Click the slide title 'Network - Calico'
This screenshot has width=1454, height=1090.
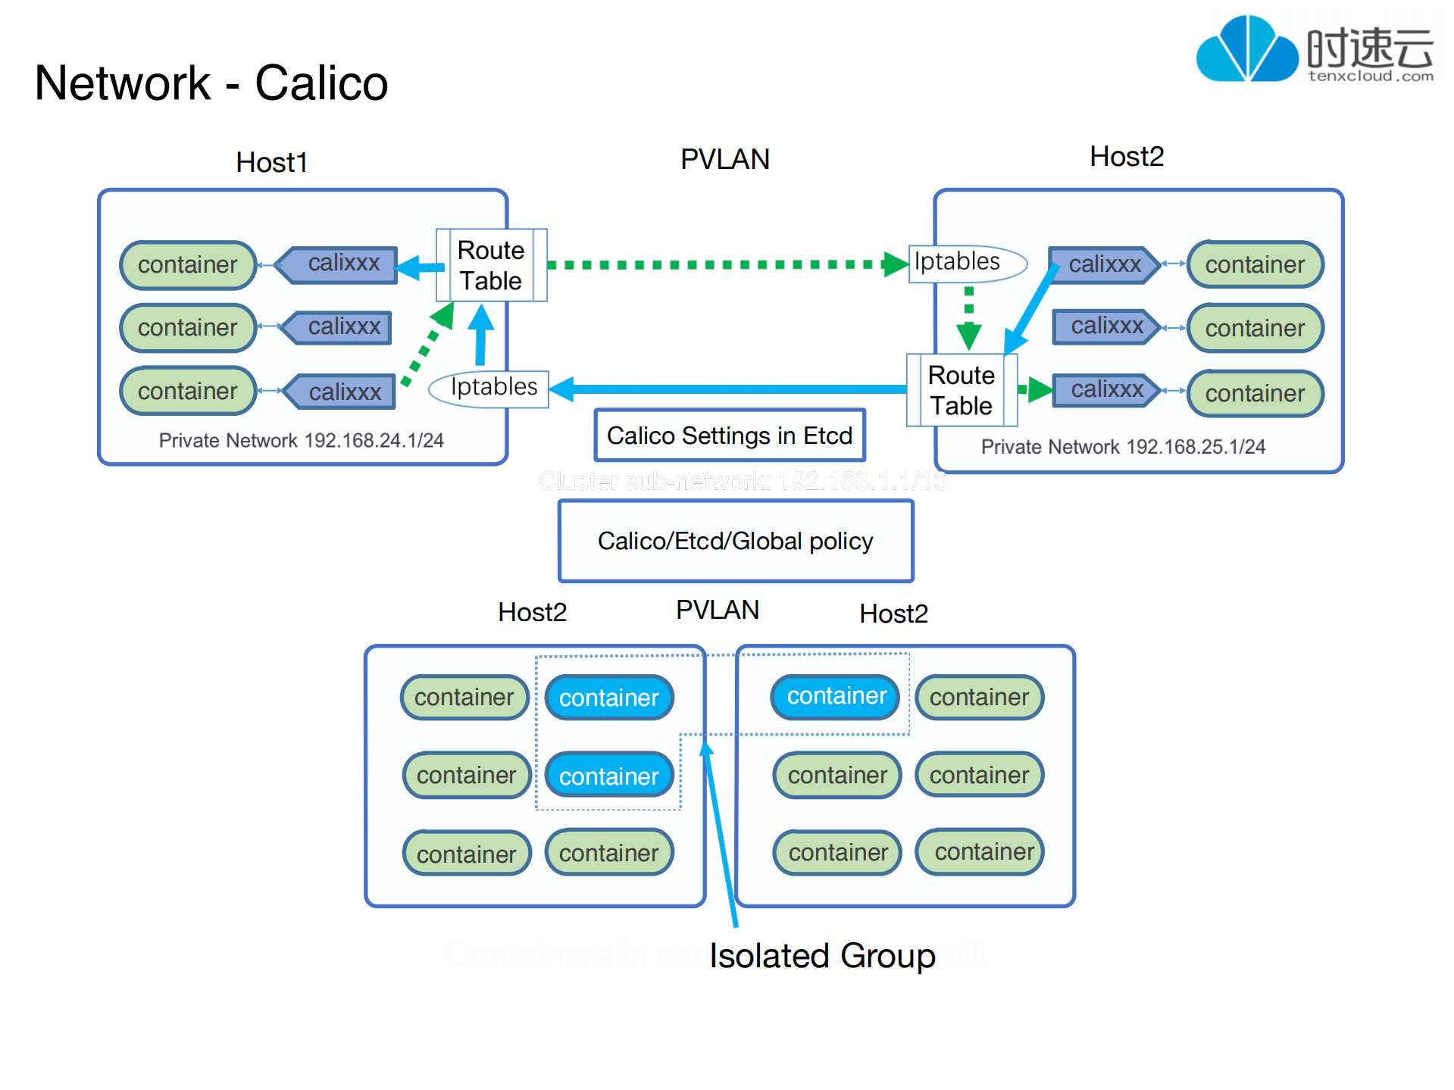point(211,83)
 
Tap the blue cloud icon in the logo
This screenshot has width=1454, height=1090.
point(1246,50)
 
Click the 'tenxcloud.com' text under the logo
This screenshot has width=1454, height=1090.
point(1370,76)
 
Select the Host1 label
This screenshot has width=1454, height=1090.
point(271,162)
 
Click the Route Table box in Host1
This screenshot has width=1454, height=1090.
point(491,265)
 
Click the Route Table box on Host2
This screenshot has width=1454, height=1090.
point(961,390)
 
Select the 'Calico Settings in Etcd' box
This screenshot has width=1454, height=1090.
point(729,436)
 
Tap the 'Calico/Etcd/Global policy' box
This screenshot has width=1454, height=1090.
point(735,541)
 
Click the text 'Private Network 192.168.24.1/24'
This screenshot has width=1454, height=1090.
point(301,440)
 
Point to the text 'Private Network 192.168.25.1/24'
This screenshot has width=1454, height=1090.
point(1122,447)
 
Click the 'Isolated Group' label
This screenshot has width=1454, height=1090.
point(822,955)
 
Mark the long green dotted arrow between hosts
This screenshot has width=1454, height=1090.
point(720,264)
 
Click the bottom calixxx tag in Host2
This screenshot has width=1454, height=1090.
point(1106,389)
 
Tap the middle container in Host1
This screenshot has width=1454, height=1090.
point(187,327)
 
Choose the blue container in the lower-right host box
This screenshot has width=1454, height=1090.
point(836,696)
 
